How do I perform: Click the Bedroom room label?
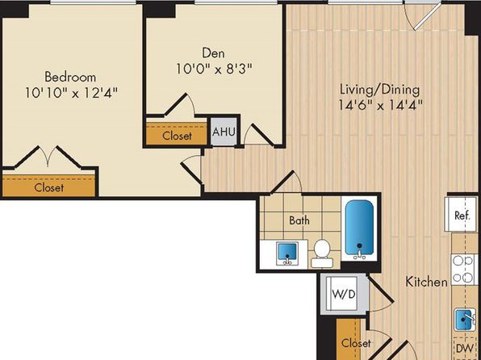(70, 77)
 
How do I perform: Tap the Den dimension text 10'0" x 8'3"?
(214, 69)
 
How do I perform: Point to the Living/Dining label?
(380, 90)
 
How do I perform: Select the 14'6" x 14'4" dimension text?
(381, 106)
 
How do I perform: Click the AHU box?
(224, 132)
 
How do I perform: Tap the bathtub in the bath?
(359, 229)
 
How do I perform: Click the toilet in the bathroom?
(322, 253)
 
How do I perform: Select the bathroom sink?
(287, 253)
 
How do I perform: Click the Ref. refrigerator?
(461, 215)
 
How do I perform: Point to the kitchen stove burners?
(463, 269)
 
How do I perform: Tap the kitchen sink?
(465, 320)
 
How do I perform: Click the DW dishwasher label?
(464, 349)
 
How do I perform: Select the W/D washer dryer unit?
(344, 294)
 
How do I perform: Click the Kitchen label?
(426, 282)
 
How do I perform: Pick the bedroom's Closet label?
(49, 187)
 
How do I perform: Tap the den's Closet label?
(177, 136)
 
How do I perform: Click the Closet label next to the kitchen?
(356, 343)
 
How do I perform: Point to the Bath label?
(299, 220)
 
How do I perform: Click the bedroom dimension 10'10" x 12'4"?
(71, 93)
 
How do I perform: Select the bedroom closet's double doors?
(48, 157)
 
